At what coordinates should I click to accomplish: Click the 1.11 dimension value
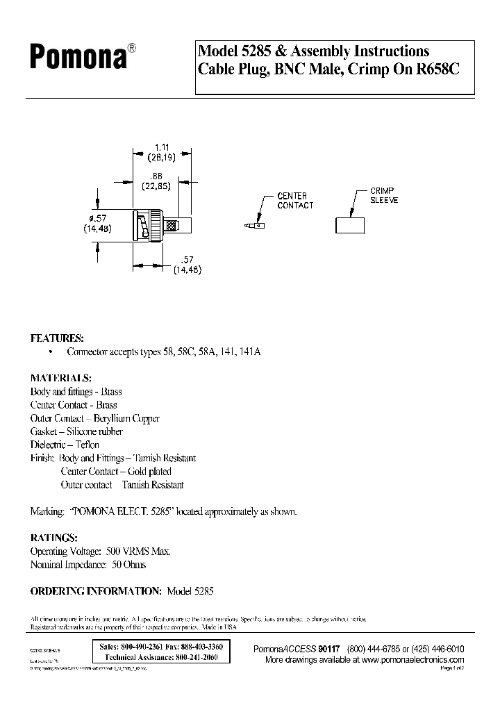pos(162,147)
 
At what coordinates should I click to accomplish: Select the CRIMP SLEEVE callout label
pos(383,195)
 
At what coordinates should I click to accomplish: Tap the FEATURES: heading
pos(57,338)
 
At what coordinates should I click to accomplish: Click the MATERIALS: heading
pos(60,379)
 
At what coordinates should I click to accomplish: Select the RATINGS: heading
pos(53,538)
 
